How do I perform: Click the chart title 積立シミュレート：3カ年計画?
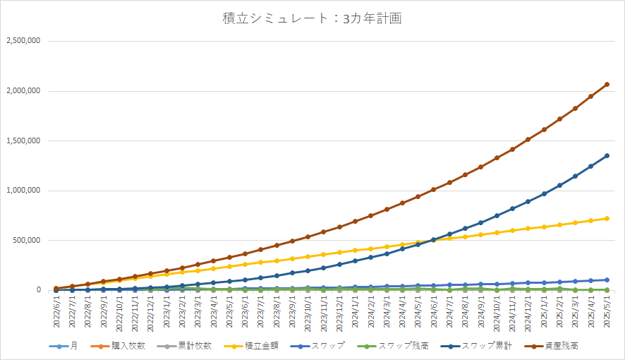[312, 19]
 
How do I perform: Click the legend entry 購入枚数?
[127, 346]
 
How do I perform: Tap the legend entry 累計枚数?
[191, 346]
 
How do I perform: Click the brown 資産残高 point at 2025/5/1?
[607, 85]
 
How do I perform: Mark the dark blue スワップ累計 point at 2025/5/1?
[607, 155]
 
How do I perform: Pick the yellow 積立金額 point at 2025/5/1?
[607, 218]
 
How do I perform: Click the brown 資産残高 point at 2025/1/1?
[544, 130]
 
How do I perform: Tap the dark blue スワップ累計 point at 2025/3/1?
[576, 176]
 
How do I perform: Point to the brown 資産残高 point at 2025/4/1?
[591, 96]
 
